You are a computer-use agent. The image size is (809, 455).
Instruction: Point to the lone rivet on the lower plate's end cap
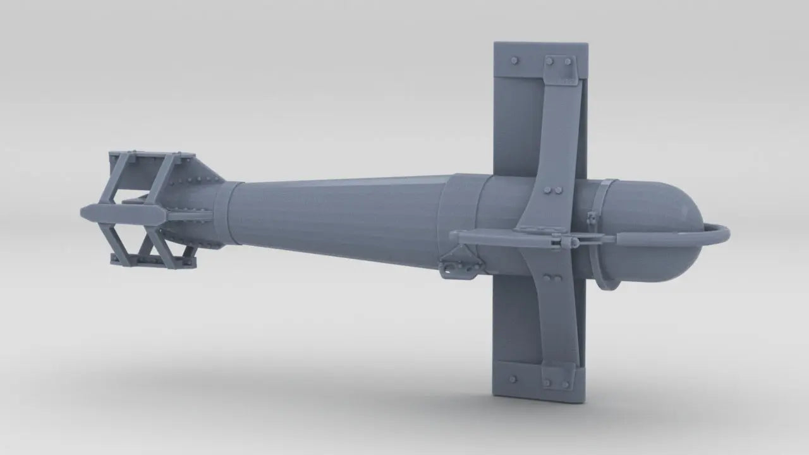512,379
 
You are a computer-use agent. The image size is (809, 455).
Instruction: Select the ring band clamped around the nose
605,234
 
